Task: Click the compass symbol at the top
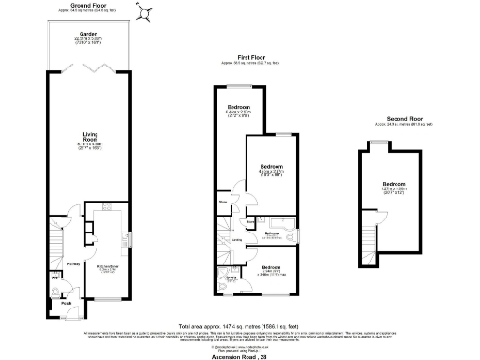tap(146, 12)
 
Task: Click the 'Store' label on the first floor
tap(224, 202)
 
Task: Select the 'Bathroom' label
tap(274, 233)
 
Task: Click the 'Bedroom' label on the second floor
tap(394, 183)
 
